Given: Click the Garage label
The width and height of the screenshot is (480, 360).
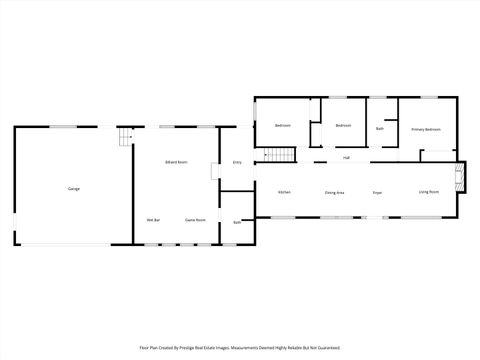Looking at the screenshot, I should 74,189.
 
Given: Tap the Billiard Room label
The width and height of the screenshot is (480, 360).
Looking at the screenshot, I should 177,162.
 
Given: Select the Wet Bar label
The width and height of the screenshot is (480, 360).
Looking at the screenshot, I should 153,219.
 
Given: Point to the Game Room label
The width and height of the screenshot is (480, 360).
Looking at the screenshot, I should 195,219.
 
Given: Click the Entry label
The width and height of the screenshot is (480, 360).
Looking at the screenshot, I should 237,162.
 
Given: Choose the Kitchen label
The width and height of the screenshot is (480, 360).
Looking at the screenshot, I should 284,192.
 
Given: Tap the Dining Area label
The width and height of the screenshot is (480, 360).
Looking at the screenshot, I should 335,192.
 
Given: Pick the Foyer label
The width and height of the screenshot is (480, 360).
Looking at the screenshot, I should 377,192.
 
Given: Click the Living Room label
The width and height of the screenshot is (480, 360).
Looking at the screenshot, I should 428,191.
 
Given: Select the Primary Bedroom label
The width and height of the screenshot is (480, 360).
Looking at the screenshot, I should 426,130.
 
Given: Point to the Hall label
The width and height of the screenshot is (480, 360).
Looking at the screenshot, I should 346,158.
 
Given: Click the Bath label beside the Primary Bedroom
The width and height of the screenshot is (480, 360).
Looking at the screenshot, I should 380,129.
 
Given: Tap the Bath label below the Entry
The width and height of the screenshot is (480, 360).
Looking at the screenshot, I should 237,222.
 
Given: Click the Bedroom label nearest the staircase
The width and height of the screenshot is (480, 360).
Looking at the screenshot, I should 282,125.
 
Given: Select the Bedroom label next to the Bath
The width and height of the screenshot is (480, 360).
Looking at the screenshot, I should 343,125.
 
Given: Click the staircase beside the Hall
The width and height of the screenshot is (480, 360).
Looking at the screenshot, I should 280,155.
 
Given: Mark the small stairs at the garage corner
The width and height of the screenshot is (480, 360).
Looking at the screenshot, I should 124,137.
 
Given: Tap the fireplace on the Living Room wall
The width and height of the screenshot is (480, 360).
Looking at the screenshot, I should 460,177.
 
